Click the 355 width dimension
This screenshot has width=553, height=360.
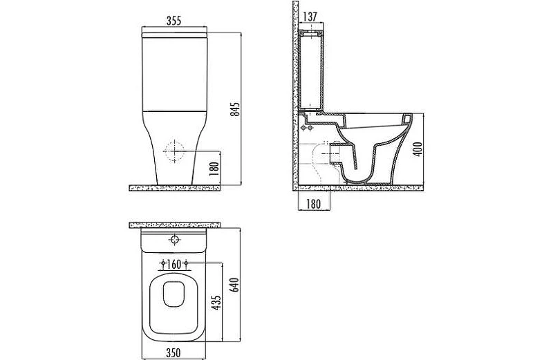tap(174, 21)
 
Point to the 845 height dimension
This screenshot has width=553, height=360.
tap(236, 109)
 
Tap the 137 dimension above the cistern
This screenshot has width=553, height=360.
tap(310, 17)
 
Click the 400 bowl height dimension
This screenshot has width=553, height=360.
tap(418, 149)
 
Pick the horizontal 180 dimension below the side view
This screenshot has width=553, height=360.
tap(314, 204)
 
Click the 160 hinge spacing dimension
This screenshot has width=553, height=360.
tap(174, 263)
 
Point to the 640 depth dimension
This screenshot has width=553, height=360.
tap(234, 285)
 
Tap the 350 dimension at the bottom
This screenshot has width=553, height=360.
tap(174, 352)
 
